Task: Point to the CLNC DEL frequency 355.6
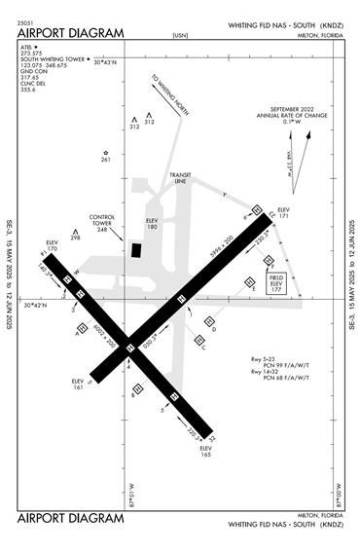[x=30, y=89]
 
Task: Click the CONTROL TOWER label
[x=102, y=220]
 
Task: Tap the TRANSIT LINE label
[x=180, y=179]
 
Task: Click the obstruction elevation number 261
[x=106, y=159]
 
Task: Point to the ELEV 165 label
[x=206, y=450]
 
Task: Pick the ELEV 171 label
[x=284, y=212]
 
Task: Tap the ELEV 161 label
[x=78, y=384]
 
